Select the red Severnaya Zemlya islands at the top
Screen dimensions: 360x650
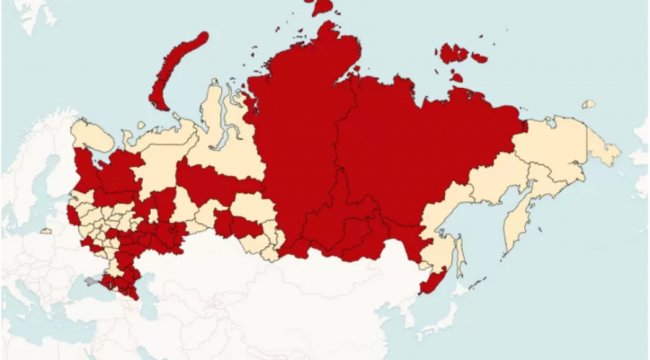pos(319,8)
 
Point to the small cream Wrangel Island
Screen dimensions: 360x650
pos(589,104)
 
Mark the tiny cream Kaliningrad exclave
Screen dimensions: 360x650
pos(45,231)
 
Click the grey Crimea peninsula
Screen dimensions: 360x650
pos(94,283)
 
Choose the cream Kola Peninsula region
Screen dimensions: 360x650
pos(95,135)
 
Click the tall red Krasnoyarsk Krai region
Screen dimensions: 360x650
pos(300,140)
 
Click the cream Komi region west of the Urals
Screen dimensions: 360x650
pos(160,170)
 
